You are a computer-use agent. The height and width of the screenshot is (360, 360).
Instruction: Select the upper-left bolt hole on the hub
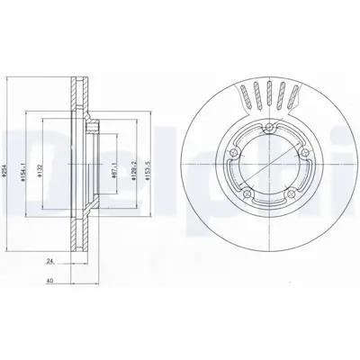tap(232, 153)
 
